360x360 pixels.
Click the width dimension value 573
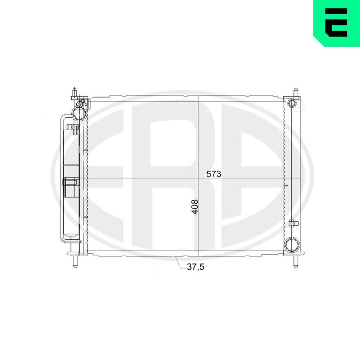coord(213,174)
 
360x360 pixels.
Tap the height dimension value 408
coord(195,207)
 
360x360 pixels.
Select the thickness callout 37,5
coord(195,267)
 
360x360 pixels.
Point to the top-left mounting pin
coord(74,93)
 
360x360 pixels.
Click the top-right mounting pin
coord(296,93)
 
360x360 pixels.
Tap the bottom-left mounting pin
coord(75,261)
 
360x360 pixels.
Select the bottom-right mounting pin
coord(296,261)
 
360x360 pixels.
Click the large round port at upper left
coord(79,113)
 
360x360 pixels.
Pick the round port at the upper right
coord(292,103)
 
